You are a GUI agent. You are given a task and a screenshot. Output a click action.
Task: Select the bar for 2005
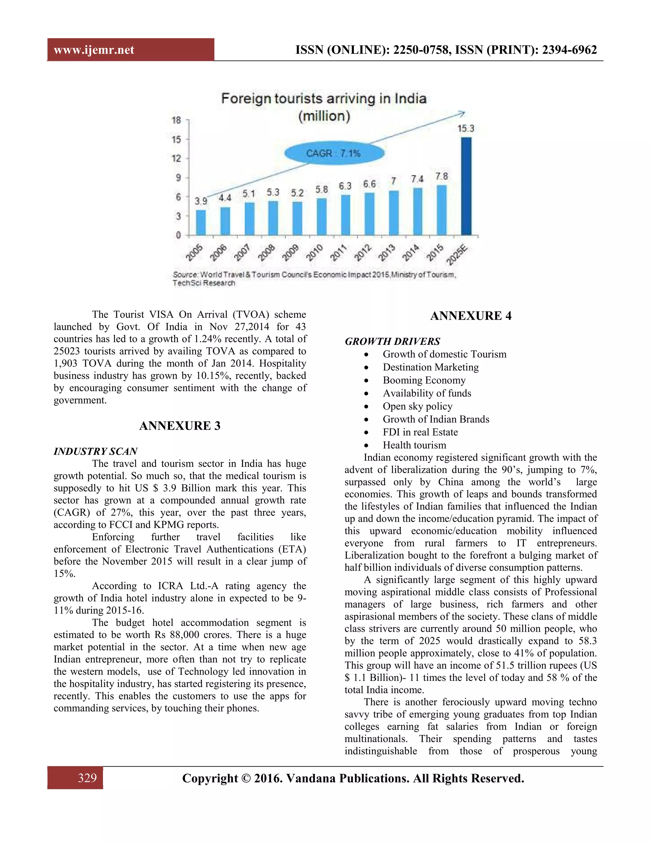point(201,223)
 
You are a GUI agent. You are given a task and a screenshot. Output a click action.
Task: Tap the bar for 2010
point(322,217)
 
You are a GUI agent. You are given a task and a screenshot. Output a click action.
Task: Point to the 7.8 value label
point(442,177)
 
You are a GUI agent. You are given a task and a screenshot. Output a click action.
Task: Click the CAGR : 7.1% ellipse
point(334,153)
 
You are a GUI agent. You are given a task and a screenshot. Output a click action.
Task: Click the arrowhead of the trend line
point(462,113)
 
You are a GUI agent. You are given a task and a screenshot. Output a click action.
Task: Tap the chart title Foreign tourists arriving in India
point(324,99)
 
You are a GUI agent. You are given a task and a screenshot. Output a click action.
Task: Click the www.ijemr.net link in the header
point(94,50)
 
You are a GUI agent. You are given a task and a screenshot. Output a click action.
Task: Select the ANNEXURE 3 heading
point(180,426)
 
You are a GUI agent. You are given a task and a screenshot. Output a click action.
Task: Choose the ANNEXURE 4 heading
point(470,316)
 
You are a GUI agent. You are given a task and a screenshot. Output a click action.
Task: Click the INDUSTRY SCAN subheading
point(96,451)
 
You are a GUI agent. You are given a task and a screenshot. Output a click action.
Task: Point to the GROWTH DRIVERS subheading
point(392,341)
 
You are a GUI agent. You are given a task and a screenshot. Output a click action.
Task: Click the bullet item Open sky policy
point(417,406)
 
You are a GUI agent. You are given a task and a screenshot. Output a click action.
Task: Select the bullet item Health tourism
point(414,445)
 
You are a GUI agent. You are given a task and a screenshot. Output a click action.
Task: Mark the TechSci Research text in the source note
point(204,283)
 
